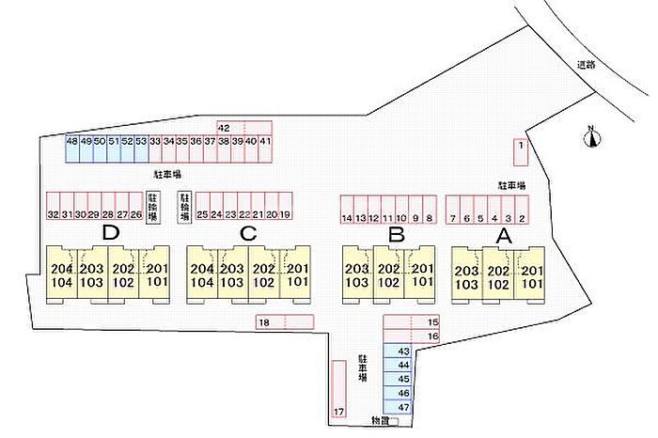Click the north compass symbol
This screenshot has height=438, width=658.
tap(592, 139)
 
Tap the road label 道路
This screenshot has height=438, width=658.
tap(587, 65)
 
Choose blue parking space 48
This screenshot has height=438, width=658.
tap(71, 147)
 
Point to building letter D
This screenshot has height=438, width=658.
tap(111, 234)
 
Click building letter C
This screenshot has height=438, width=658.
tap(248, 234)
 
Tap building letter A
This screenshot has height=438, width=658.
tap(503, 235)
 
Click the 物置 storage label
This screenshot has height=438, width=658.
tap(378, 421)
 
